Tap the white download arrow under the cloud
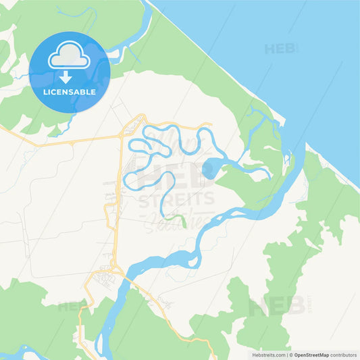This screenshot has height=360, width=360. click(x=66, y=76)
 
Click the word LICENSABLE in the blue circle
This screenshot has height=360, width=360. click(x=69, y=92)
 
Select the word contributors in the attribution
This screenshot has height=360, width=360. click(x=344, y=355)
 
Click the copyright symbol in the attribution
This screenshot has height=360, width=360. click(x=290, y=355)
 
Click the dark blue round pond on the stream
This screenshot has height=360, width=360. click(x=209, y=168)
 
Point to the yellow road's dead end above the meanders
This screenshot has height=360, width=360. click(x=211, y=124)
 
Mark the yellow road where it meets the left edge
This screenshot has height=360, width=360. click(x=2, y=126)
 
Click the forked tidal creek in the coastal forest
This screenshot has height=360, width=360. click(x=260, y=122)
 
